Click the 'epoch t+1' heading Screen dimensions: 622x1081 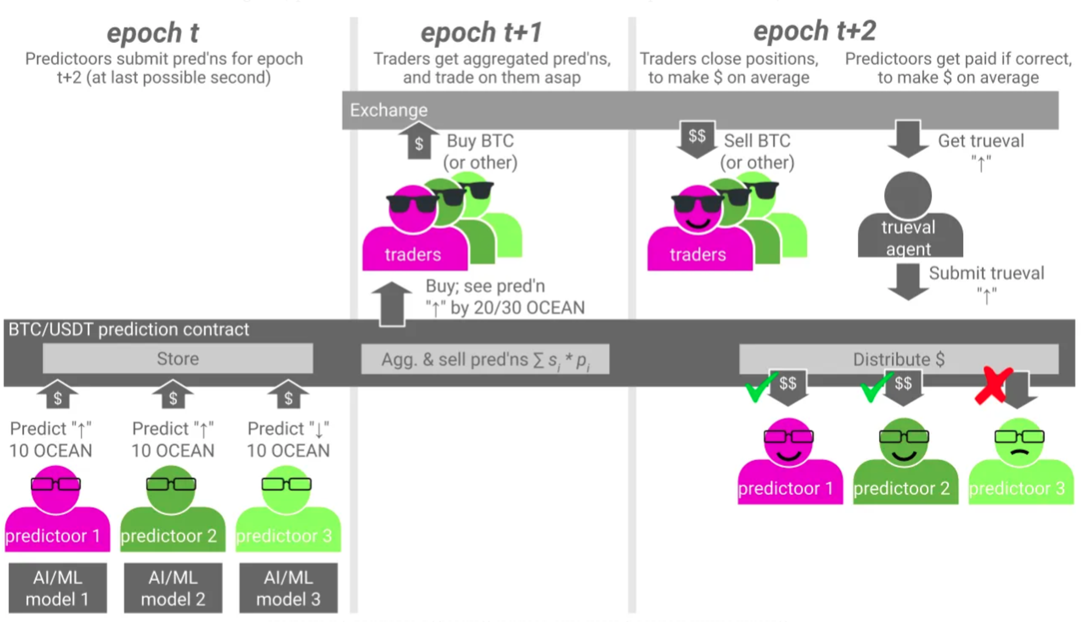coord(481,32)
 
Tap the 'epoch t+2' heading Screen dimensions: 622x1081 coord(815,31)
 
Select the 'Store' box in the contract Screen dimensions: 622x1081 coord(178,359)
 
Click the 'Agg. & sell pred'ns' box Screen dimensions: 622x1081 coord(485,359)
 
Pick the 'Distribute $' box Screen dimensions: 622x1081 coord(898,359)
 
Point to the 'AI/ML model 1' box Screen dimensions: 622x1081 coord(57,588)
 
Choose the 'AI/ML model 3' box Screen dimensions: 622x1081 coord(288,588)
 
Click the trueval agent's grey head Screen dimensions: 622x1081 coord(907,195)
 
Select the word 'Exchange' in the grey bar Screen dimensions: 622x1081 coord(389,110)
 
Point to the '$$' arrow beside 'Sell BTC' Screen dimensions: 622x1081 coord(697,138)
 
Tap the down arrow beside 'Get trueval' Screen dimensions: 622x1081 coord(908,138)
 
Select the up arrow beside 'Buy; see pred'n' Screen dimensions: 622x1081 coord(392,303)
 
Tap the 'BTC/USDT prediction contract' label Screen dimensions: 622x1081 coord(129,329)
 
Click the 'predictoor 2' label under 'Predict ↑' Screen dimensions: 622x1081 coord(169,535)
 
